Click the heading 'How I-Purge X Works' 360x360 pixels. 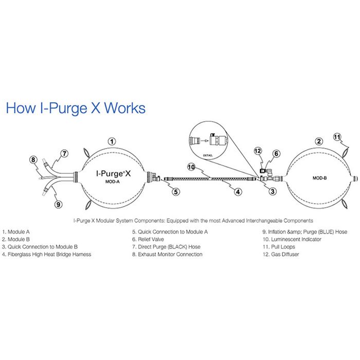75,108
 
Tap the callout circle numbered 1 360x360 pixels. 113,141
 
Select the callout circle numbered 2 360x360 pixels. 319,141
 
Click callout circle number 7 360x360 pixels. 64,153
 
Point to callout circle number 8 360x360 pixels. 34,160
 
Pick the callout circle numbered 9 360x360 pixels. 58,204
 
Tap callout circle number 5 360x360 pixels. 175,192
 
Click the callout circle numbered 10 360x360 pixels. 190,167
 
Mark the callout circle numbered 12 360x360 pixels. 258,151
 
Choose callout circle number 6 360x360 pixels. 276,153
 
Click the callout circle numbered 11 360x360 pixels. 337,137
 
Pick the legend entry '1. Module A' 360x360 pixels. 16,232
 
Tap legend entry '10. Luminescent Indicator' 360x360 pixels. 291,239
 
